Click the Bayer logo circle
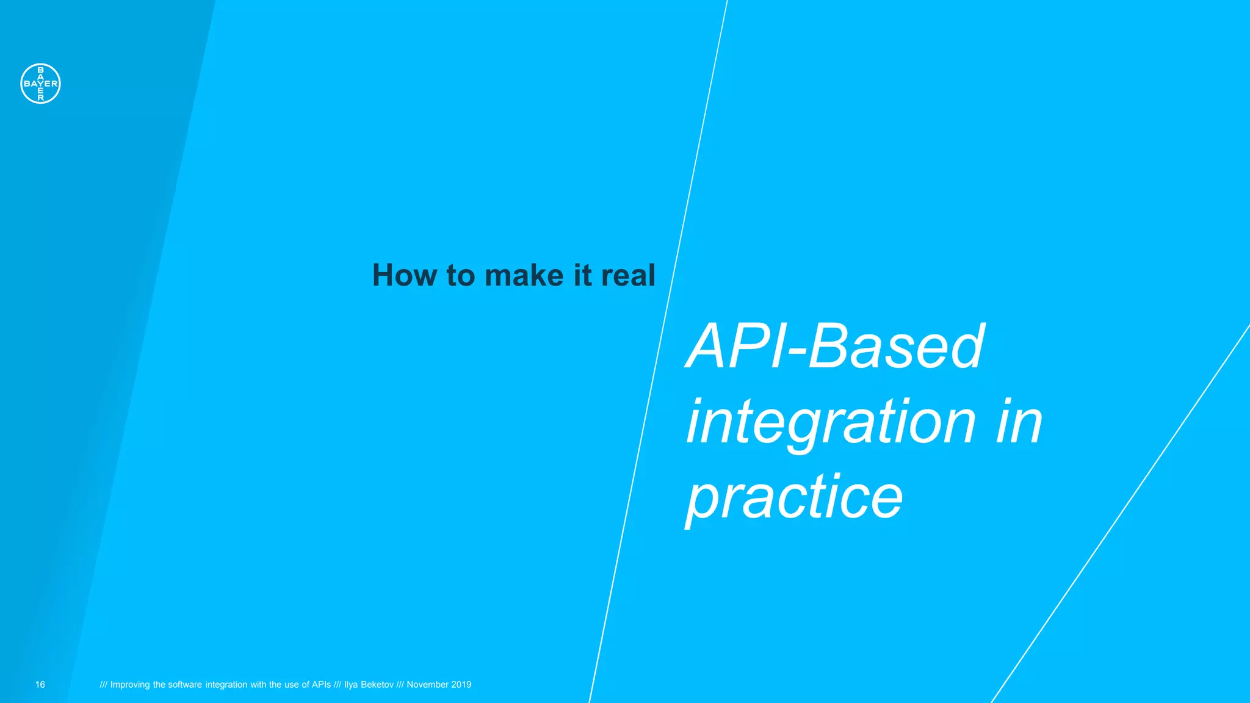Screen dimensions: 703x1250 (x=40, y=84)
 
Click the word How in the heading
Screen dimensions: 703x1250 (x=405, y=275)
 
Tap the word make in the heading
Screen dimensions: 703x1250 (x=524, y=275)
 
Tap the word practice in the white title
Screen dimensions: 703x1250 (x=794, y=497)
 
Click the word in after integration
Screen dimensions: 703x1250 (x=1019, y=422)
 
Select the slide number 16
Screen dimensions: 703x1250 (x=40, y=685)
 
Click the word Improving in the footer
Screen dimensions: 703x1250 (x=130, y=685)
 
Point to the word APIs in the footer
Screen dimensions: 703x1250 (x=321, y=685)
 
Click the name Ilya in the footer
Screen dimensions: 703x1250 (x=351, y=685)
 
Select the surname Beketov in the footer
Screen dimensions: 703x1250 (x=377, y=685)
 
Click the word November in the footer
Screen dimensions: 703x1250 (x=428, y=685)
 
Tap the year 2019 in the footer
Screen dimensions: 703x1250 (x=461, y=685)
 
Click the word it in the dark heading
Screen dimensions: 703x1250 (x=582, y=275)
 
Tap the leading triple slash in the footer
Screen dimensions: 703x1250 (x=103, y=685)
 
